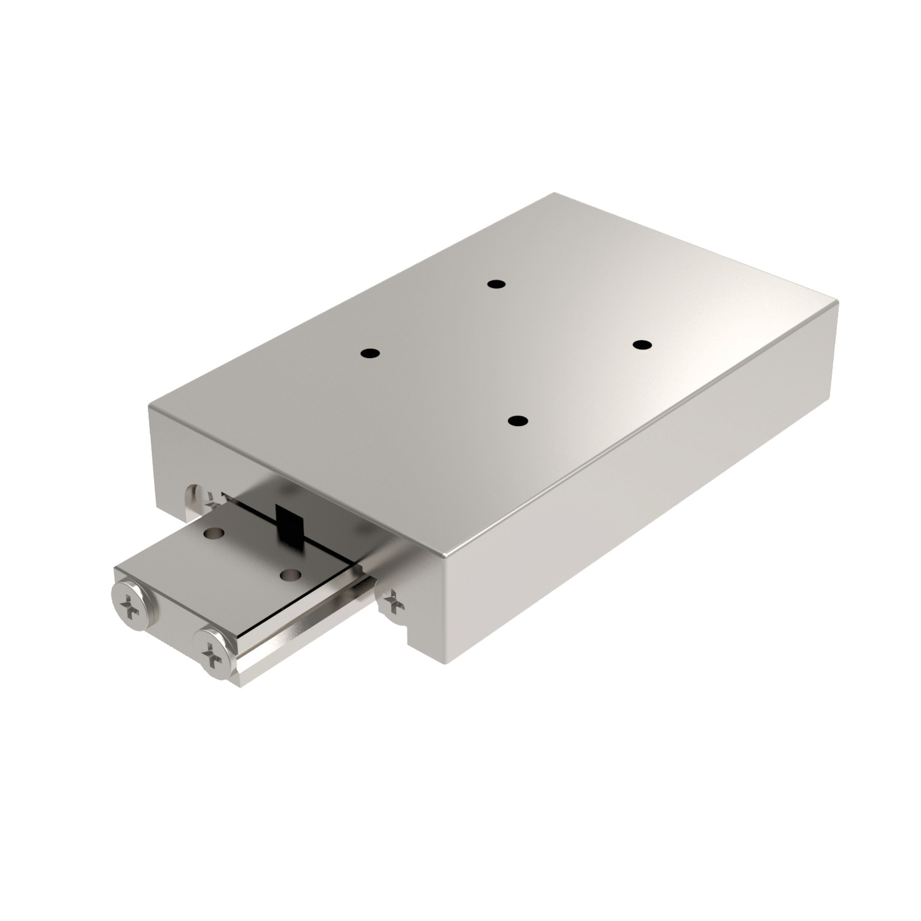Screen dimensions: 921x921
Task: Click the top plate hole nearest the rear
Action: (x=495, y=284)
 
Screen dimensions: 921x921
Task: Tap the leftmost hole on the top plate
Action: (x=370, y=354)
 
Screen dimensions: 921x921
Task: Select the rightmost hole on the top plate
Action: (x=642, y=344)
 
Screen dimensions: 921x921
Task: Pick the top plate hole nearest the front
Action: (x=518, y=421)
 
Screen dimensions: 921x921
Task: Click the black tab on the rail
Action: (x=287, y=523)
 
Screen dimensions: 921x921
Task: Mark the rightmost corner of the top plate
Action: (x=837, y=302)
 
